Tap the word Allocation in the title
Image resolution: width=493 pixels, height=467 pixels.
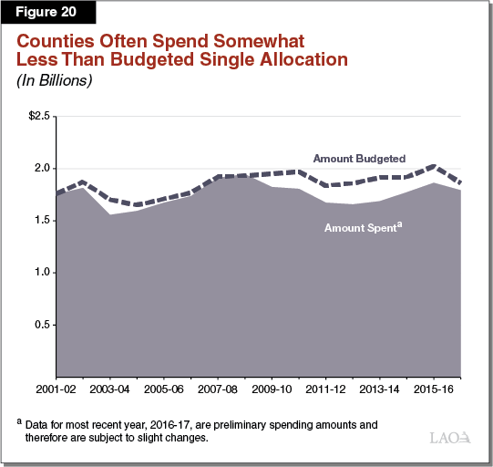(296, 60)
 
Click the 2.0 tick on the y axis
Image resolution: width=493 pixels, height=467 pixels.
(43, 169)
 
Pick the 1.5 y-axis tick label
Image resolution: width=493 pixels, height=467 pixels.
(43, 221)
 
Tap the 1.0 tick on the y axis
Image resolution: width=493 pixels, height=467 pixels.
(43, 273)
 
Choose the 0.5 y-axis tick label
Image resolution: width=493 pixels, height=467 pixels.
(43, 325)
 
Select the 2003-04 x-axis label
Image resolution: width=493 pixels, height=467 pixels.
(109, 389)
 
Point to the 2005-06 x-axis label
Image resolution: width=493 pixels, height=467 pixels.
(163, 389)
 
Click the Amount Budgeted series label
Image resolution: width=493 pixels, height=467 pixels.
(359, 158)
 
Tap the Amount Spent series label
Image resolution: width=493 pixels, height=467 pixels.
(363, 227)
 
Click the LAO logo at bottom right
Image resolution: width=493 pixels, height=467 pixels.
(448, 439)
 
